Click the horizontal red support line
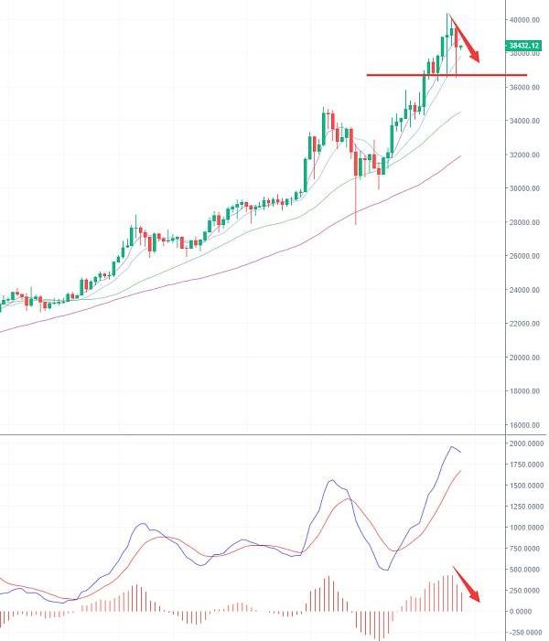(421, 75)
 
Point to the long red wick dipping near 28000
(355, 206)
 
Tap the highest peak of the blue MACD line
(452, 447)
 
